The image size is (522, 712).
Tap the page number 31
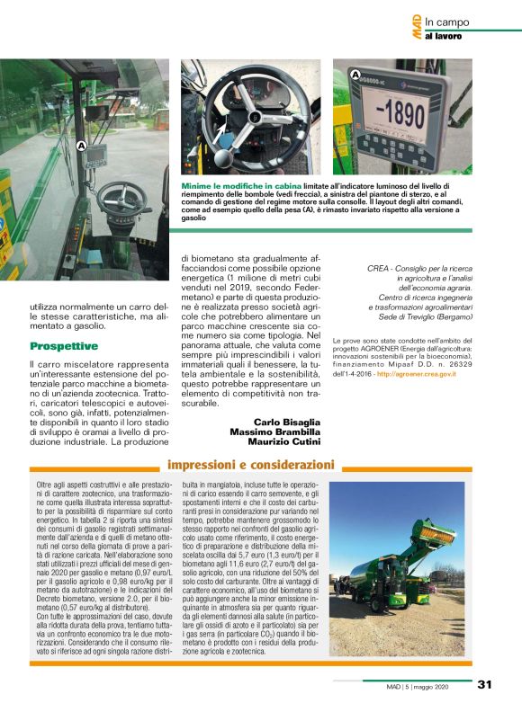484,684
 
